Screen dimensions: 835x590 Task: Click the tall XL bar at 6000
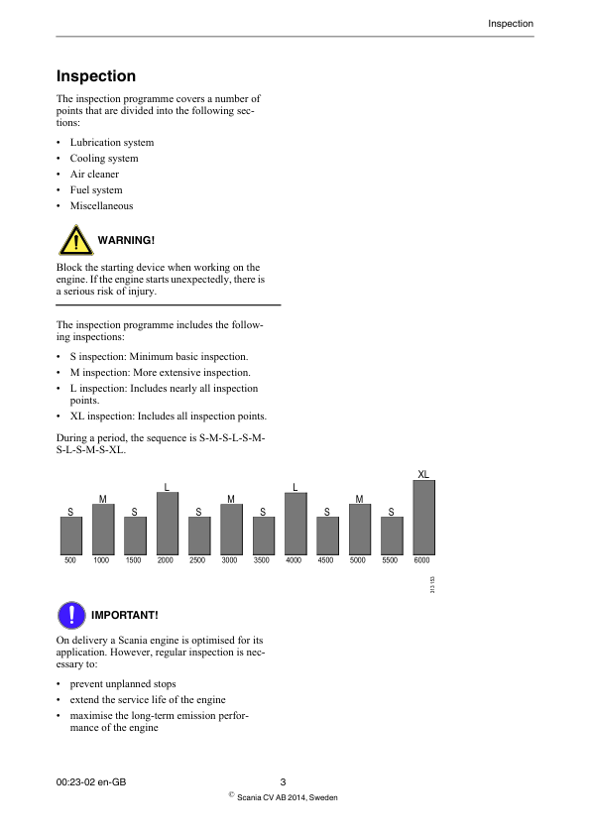coord(422,518)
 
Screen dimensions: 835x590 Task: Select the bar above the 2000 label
coord(167,524)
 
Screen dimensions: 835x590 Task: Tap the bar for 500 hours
coord(70,536)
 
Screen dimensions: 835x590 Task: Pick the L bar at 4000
coord(295,524)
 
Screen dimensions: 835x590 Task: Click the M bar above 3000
coord(231,530)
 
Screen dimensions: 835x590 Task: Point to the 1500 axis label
coord(134,560)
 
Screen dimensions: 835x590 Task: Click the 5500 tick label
coord(391,560)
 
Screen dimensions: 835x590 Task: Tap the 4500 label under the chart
coord(326,560)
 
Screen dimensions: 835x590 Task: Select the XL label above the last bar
coord(422,474)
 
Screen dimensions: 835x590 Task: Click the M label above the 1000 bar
coord(102,498)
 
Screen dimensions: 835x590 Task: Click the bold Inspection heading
coord(96,76)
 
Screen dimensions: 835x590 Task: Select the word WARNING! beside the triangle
coord(126,241)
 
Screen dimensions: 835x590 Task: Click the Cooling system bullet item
coord(104,159)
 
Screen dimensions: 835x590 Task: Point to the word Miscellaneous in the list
coord(101,206)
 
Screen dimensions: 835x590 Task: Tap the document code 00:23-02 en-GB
coord(91,782)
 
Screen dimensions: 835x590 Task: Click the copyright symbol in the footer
coord(231,794)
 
